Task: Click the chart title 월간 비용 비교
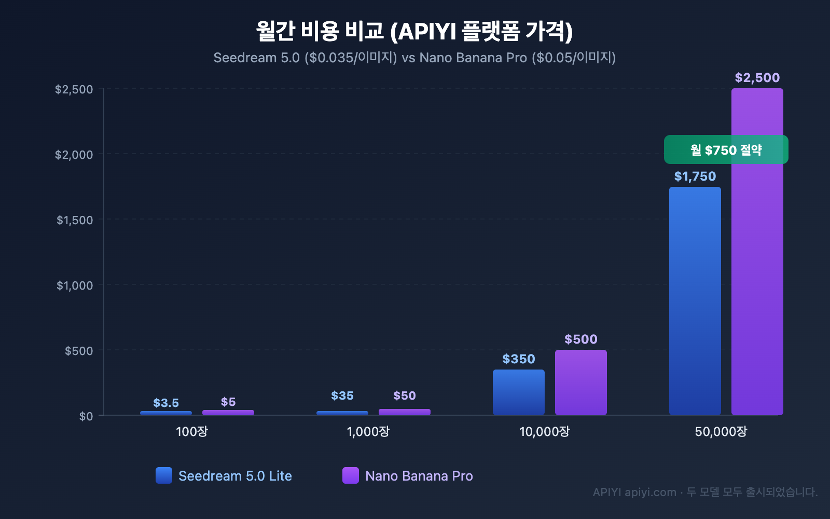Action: [x=414, y=31]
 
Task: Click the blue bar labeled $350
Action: [x=518, y=392]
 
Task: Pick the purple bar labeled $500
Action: [x=580, y=382]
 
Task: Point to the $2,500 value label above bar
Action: [x=757, y=78]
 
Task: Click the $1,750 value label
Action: [x=695, y=176]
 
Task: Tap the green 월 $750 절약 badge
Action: [x=726, y=150]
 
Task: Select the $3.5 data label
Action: [x=166, y=403]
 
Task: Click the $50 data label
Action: [x=404, y=395]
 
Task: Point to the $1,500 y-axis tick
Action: [x=75, y=220]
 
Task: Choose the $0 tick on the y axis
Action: [x=86, y=416]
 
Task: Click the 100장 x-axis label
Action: [x=191, y=431]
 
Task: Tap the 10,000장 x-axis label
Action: [x=544, y=431]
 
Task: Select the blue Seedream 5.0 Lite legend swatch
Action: [x=164, y=475]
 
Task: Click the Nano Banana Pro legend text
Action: [x=419, y=476]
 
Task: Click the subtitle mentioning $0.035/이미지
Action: [x=414, y=58]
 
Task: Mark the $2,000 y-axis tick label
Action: [x=74, y=155]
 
